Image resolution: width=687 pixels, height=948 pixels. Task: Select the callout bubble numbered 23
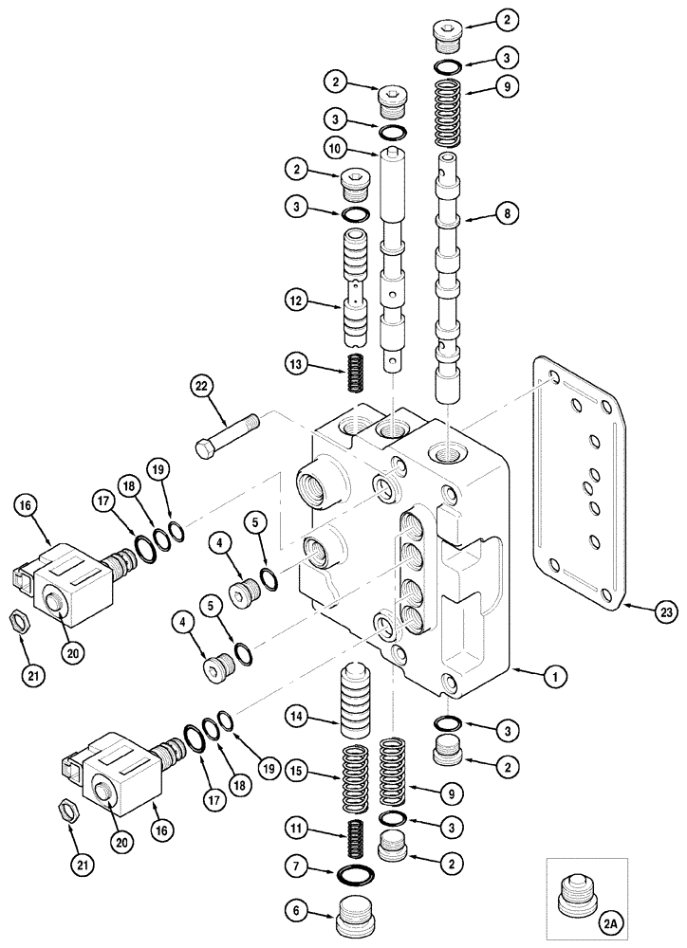pyautogui.click(x=667, y=612)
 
